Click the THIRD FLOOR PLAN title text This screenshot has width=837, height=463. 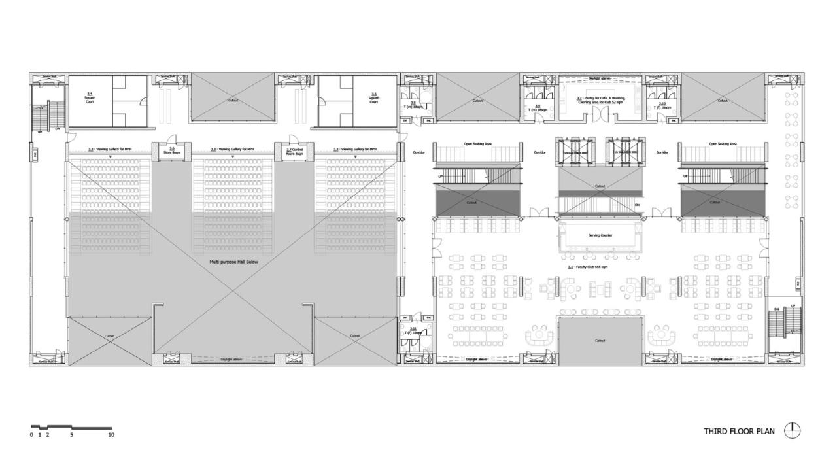pos(739,431)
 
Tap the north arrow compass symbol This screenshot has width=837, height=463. pos(793,430)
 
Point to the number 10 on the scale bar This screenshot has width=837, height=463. pos(111,434)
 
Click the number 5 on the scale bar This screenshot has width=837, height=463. pos(71,434)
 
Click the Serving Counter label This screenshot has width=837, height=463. pos(600,235)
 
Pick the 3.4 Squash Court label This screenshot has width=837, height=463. pos(90,98)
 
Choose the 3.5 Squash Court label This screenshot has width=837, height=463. pos(373,98)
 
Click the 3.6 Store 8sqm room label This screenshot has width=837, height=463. pos(171,150)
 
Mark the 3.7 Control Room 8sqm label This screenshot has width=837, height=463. pos(294,151)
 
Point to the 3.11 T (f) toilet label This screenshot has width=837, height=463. pos(412,331)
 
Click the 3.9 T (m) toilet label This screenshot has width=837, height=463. pos(538,107)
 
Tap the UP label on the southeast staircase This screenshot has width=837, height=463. pos(793,306)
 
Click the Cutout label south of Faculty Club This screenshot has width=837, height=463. pos(600,341)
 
